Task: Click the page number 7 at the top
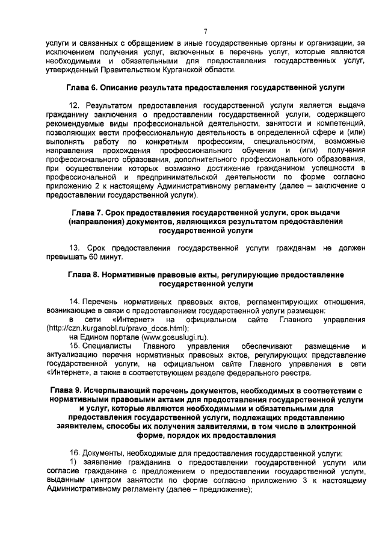(x=205, y=31)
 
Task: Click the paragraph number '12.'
(x=75, y=105)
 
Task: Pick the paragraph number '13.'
(x=75, y=248)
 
